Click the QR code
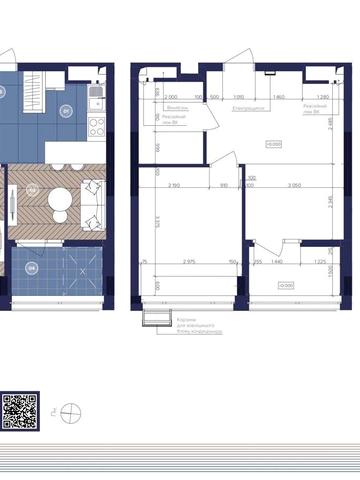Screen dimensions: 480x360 point(20,410)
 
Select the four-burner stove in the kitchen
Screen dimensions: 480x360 point(97,127)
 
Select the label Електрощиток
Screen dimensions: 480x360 point(247,106)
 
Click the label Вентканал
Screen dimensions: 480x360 point(179,106)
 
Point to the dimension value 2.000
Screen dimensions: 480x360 point(171,98)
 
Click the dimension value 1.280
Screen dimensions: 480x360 point(322,98)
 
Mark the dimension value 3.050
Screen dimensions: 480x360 point(293,186)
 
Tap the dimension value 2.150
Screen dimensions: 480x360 point(174,186)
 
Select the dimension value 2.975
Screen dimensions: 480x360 point(189,261)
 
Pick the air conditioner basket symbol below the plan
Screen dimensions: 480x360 point(154,318)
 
